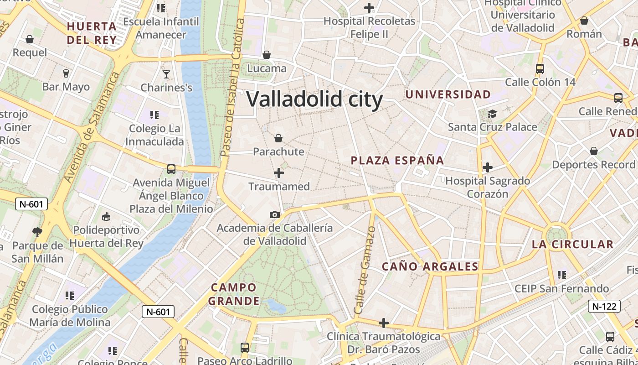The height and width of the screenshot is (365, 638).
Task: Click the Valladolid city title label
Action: pos(314,99)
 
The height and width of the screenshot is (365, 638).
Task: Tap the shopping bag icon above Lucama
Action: pos(267,55)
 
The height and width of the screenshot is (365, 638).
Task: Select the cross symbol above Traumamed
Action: pos(279,173)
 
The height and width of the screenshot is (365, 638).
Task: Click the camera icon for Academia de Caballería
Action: pos(274,214)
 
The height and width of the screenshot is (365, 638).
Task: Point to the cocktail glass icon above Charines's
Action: pos(166,74)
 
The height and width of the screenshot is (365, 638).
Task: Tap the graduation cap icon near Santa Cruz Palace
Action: pos(492,114)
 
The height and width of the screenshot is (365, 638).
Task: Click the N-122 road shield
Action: pos(604,306)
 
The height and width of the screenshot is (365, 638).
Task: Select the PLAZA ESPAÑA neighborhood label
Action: pos(397,161)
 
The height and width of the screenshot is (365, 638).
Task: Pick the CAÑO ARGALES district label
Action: pos(430,267)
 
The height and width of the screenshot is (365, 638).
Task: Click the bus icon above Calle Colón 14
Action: pos(540,69)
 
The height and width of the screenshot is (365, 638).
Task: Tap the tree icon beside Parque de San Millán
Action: pos(37,232)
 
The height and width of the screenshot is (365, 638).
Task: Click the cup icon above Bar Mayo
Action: pos(66,73)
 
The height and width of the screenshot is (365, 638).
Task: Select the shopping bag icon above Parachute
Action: pos(278,138)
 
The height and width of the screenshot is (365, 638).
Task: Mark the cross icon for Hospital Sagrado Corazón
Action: pos(488,167)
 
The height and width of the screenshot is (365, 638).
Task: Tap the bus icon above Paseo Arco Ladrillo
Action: pos(245,347)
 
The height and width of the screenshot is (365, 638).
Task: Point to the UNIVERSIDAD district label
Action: pos(448,95)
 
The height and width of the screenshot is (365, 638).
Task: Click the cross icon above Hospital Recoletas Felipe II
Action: pos(369,8)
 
